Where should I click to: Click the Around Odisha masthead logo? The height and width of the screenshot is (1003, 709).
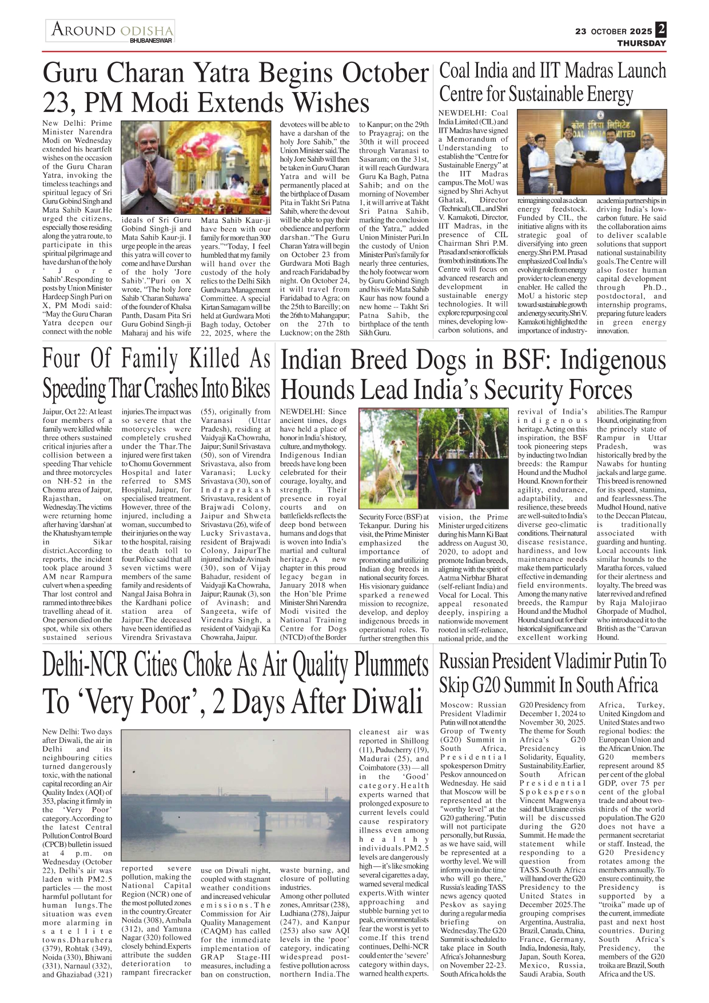(x=110, y=30)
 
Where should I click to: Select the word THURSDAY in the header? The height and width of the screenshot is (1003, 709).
(x=641, y=43)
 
